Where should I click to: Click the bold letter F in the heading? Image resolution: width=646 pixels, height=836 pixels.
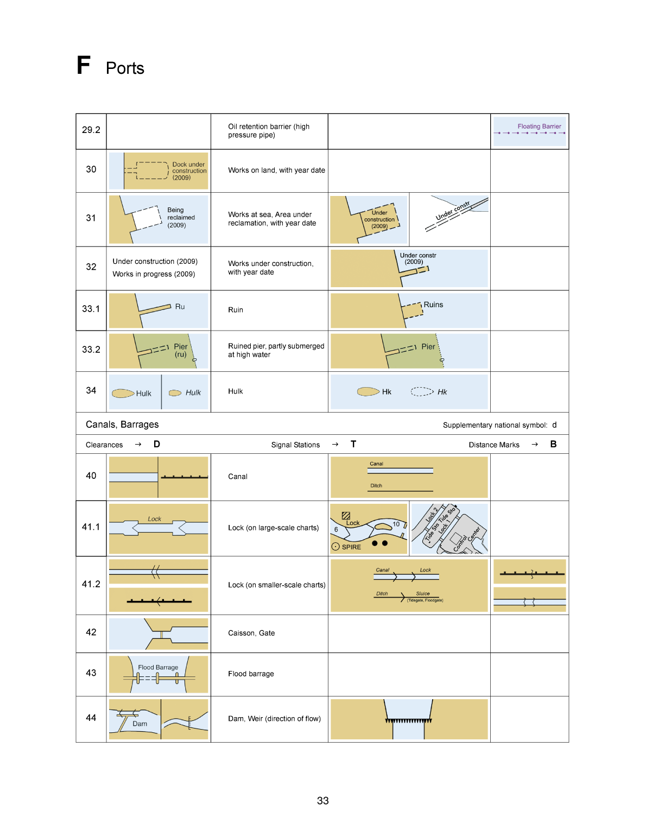click(83, 65)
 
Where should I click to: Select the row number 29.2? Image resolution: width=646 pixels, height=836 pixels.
click(91, 130)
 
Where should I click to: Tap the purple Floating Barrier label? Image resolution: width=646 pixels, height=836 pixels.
click(539, 126)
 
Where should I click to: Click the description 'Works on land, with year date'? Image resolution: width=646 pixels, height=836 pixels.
click(276, 170)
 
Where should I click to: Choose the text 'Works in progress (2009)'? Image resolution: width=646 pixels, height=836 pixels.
click(154, 274)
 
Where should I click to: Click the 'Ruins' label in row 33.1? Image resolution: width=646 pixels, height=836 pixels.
click(433, 305)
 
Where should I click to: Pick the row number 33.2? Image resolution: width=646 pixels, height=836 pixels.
click(91, 350)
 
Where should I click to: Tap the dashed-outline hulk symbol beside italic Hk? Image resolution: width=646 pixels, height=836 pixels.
click(422, 391)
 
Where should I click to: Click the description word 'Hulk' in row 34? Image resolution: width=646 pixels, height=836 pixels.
click(236, 391)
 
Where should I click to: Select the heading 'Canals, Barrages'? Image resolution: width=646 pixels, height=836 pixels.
click(122, 425)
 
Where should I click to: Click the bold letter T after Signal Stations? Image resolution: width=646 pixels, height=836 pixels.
click(353, 444)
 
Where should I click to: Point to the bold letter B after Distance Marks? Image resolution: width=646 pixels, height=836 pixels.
click(553, 444)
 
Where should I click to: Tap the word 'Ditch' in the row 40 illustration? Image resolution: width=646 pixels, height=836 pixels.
click(376, 486)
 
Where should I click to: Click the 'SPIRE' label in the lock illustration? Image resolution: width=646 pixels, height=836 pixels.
click(351, 547)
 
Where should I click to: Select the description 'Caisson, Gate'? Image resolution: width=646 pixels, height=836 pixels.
click(251, 633)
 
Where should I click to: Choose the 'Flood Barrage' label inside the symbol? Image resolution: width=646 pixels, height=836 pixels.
click(158, 667)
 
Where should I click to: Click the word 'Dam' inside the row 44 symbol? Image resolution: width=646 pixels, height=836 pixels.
click(140, 724)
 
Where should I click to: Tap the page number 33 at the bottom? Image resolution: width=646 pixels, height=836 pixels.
click(323, 801)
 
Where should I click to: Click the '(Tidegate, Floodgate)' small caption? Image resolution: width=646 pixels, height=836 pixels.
click(425, 600)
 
